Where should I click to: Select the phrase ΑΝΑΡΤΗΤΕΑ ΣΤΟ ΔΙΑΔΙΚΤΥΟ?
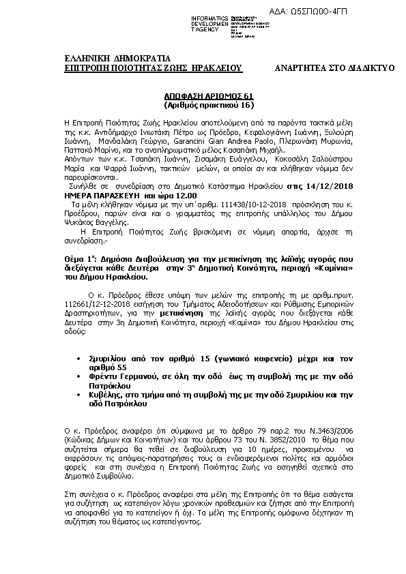pos(334,68)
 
